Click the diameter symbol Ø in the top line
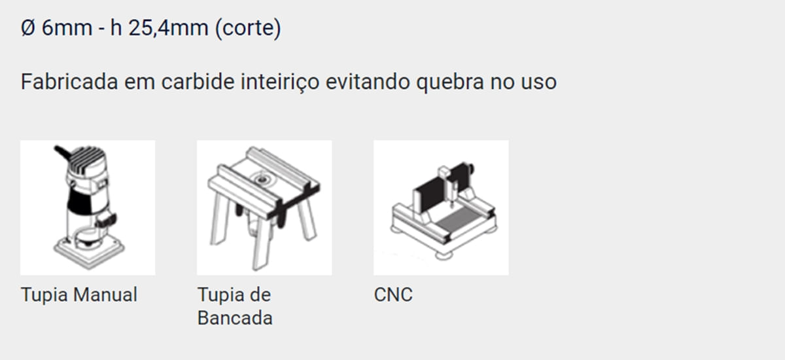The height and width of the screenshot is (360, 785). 28,27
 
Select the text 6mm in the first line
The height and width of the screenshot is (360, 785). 67,28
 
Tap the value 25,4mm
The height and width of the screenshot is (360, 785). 168,28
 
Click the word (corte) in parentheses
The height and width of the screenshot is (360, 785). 248,29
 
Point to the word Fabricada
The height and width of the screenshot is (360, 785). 69,82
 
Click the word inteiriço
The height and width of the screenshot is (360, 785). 280,82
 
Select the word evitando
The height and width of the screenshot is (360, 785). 368,82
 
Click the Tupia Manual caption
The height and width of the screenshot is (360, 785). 79,295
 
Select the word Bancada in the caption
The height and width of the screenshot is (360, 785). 235,318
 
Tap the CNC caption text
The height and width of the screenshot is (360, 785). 393,295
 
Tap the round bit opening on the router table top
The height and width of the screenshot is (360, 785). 260,179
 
